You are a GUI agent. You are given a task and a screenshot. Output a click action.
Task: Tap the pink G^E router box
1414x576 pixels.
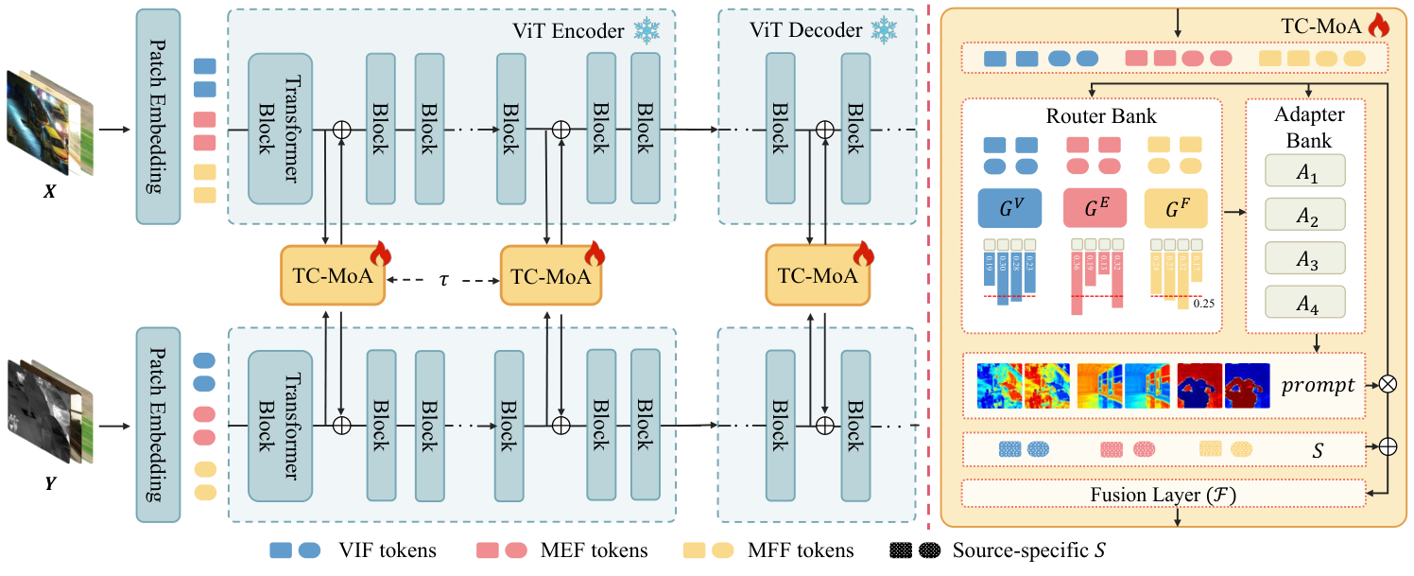(x=1095, y=208)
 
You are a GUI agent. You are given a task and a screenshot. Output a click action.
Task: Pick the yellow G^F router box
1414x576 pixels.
(x=1176, y=208)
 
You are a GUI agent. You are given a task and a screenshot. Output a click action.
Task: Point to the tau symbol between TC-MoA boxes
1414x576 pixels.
(x=442, y=280)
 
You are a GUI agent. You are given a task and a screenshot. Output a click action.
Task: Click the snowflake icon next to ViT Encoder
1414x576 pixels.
(x=647, y=31)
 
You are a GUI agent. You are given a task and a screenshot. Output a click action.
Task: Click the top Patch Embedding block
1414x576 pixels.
(x=158, y=117)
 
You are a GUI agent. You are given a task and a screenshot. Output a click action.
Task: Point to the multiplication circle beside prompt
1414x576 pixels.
(x=1388, y=386)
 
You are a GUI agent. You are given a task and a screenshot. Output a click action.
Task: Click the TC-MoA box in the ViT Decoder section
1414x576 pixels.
(x=818, y=275)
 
